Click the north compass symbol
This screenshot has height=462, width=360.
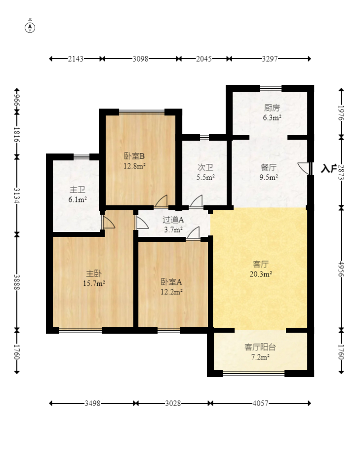tap(30, 28)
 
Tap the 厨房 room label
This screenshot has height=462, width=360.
tap(272, 108)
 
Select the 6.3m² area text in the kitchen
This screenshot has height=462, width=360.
tap(272, 118)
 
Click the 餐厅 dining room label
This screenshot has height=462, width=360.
tap(269, 167)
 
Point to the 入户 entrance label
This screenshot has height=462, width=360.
tap(328, 169)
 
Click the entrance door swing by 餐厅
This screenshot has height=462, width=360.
tap(304, 168)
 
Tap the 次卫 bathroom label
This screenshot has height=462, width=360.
tap(205, 167)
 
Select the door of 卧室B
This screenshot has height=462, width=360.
tap(161, 201)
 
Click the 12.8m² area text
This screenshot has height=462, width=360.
tap(134, 166)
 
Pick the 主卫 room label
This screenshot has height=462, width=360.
tap(78, 190)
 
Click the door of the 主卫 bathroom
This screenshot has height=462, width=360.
tap(108, 222)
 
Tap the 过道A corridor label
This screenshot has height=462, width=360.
tap(173, 220)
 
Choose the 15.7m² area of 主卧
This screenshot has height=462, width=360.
tap(94, 283)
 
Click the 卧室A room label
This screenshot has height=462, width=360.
tap(171, 282)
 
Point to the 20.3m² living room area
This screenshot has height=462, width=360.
tap(261, 274)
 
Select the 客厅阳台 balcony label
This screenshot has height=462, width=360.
tap(260, 347)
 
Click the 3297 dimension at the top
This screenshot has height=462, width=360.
tap(270, 59)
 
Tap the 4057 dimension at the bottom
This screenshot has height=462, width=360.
tap(261, 403)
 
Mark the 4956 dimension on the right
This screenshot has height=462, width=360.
tap(341, 269)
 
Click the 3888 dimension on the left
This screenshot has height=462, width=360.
tap(17, 282)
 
